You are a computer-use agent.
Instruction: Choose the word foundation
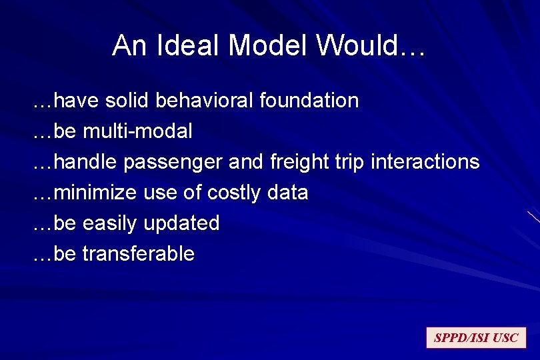click(309, 101)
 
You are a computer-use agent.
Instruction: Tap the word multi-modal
click(137, 131)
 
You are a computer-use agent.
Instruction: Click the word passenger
click(173, 162)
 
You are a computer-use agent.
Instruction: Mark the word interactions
click(425, 162)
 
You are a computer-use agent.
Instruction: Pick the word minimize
click(96, 193)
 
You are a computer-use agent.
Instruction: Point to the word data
click(287, 193)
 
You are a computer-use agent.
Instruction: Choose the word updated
click(185, 223)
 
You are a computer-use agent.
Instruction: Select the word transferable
click(138, 254)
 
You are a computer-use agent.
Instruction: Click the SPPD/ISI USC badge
click(476, 338)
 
